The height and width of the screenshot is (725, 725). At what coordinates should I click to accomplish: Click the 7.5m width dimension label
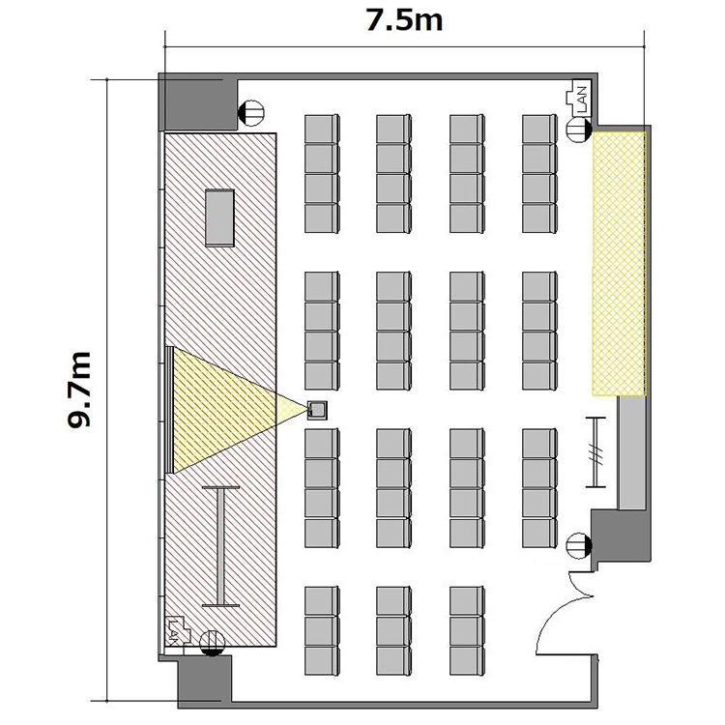coord(404,20)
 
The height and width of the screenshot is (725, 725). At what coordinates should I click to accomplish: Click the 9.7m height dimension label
coord(78,390)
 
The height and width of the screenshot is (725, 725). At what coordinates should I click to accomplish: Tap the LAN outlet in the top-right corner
coord(579,99)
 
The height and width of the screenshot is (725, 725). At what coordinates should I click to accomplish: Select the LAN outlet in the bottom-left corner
coord(179,630)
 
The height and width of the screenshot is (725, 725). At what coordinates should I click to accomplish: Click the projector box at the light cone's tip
coord(317,410)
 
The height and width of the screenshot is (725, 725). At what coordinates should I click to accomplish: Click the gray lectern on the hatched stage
coord(219,217)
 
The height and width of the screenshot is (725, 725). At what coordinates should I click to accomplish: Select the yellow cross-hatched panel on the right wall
coord(619,264)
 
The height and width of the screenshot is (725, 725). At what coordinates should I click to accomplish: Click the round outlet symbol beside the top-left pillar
coord(250,113)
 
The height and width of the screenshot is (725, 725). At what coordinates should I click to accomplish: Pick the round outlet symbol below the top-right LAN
coord(579,130)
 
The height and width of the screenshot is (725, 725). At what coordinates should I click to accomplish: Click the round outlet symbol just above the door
coord(579,545)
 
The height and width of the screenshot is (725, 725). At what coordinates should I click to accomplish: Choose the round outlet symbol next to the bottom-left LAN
coord(213,644)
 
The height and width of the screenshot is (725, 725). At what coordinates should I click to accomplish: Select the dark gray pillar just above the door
coord(620,536)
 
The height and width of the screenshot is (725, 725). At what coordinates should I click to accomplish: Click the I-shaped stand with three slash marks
coord(595,452)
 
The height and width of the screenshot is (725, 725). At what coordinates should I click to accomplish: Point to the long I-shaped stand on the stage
coord(221,546)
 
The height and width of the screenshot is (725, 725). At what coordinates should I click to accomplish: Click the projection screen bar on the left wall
coord(169,410)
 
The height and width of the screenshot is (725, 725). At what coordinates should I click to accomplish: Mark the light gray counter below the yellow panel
coord(632,453)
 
